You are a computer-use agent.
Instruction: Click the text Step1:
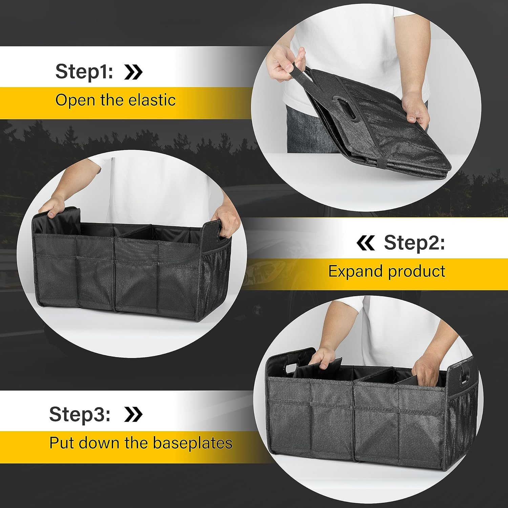click(84, 71)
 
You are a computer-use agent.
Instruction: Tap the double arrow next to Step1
click(133, 72)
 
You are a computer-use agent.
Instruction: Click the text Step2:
click(414, 242)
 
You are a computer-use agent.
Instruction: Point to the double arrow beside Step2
click(365, 243)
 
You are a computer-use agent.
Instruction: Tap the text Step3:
click(80, 414)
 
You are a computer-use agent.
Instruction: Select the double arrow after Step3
click(133, 414)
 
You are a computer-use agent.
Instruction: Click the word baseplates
click(193, 443)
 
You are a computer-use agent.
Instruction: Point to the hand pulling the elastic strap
click(284, 61)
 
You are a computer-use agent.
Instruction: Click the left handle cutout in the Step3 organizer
click(291, 368)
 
